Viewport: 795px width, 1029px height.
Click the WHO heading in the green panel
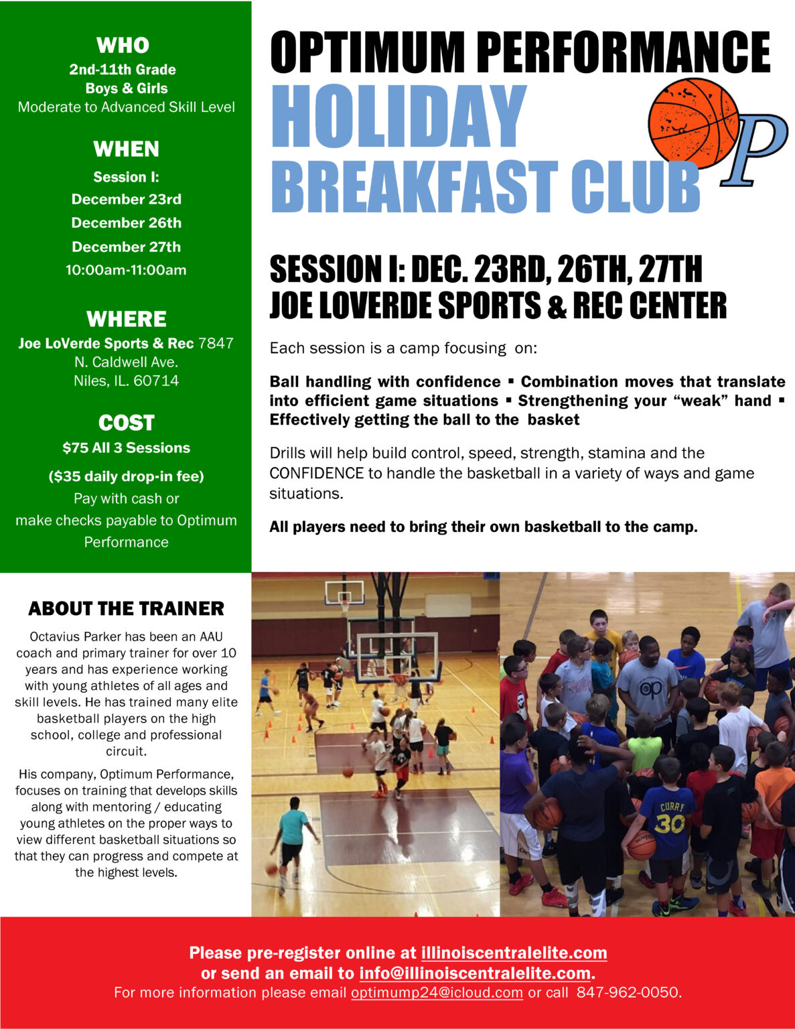click(123, 45)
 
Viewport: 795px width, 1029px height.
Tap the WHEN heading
click(126, 149)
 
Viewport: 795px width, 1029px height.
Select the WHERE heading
click(126, 319)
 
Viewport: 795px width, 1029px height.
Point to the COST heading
click(126, 423)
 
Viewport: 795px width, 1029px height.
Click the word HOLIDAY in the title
click(398, 117)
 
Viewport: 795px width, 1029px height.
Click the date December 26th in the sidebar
click(126, 223)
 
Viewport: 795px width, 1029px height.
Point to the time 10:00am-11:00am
click(126, 270)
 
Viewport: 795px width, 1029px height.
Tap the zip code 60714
click(156, 381)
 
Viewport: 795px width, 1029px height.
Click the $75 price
click(75, 448)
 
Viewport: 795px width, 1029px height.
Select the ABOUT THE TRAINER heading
click(126, 608)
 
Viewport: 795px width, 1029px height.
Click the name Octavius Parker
click(69, 636)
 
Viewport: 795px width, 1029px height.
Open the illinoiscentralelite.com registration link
click(514, 953)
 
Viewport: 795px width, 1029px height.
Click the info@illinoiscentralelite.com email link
click(475, 973)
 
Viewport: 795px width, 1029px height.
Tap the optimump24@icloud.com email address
click(437, 992)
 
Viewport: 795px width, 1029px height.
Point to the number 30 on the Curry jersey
click(669, 823)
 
